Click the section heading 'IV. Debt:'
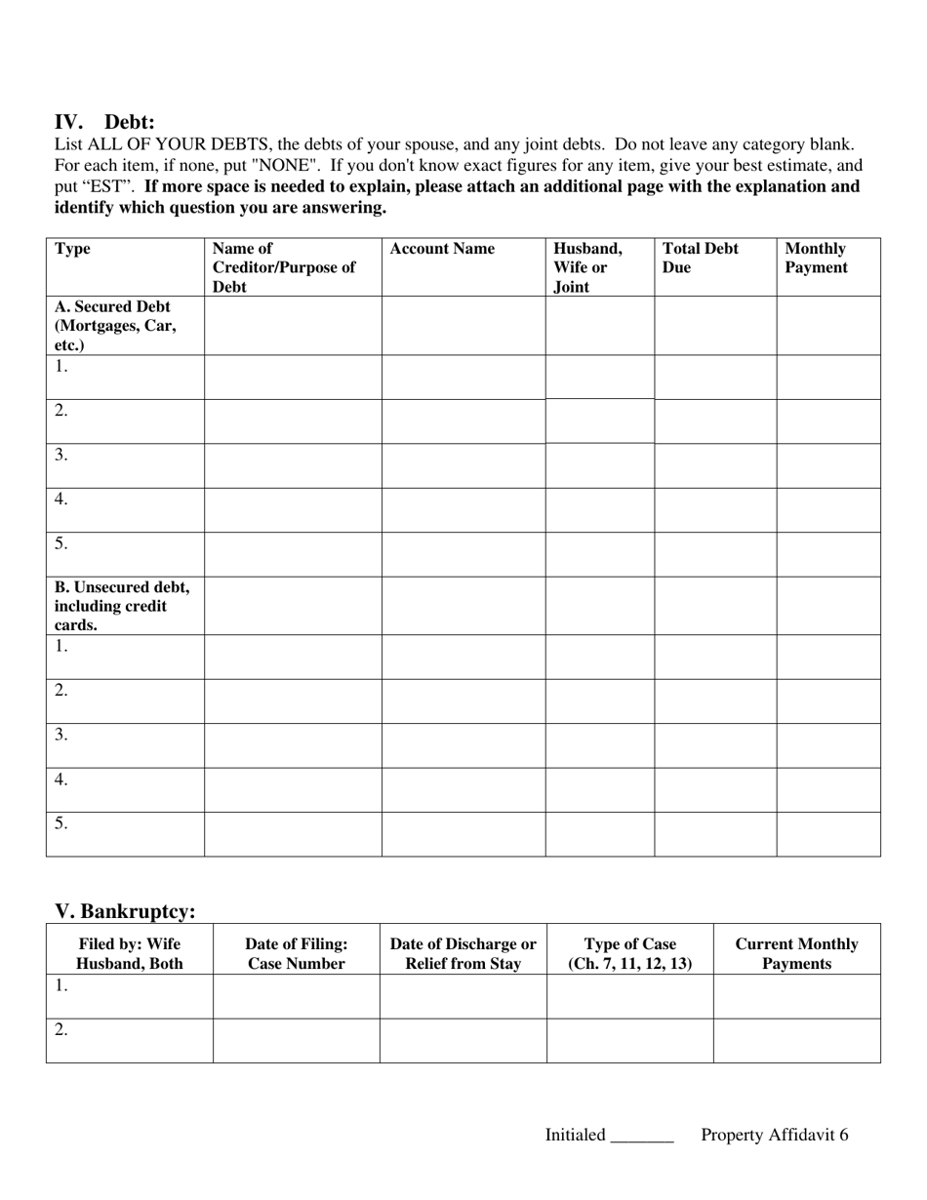[104, 122]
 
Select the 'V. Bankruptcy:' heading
[125, 911]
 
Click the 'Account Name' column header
[442, 249]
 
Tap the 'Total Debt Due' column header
[701, 258]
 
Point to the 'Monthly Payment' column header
[816, 258]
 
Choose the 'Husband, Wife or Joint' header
[587, 267]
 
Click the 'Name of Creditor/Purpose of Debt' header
[283, 267]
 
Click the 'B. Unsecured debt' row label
[122, 606]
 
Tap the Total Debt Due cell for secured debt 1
[714, 377]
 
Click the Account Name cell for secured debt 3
[463, 465]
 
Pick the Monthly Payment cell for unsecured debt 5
[827, 834]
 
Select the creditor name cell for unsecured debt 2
[292, 700]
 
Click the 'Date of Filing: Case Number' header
[296, 953]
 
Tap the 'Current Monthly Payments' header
[796, 953]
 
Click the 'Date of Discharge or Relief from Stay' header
[463, 953]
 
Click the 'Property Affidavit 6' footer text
[774, 1135]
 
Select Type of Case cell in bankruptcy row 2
[629, 1040]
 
